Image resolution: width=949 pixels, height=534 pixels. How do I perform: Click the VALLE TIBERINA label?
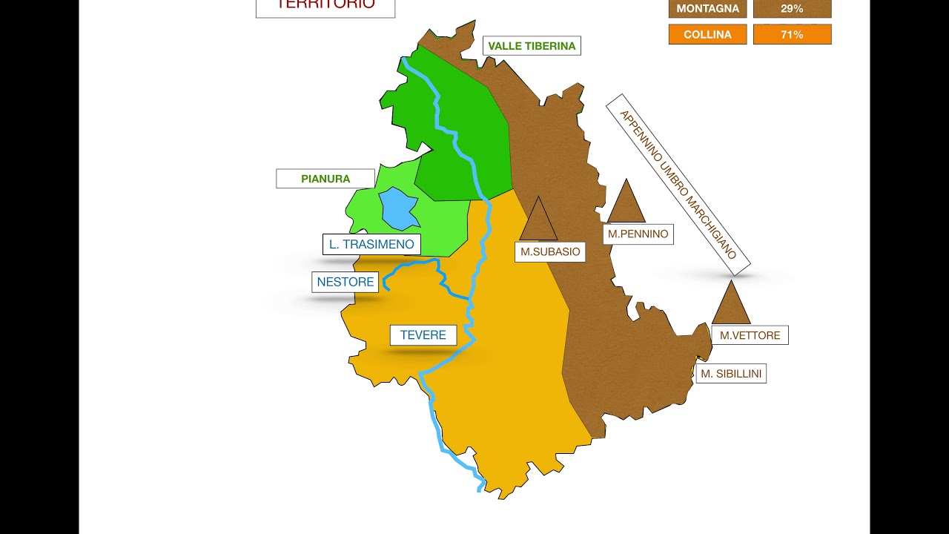pyautogui.click(x=532, y=46)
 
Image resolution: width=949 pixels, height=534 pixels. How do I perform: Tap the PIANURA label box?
pyautogui.click(x=325, y=179)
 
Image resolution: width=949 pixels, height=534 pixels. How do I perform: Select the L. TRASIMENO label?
pyautogui.click(x=371, y=245)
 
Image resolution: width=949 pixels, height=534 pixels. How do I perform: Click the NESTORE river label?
pyautogui.click(x=345, y=282)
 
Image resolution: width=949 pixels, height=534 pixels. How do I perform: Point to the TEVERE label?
pyautogui.click(x=423, y=335)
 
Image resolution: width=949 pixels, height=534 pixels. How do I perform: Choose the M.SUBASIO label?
pyautogui.click(x=550, y=251)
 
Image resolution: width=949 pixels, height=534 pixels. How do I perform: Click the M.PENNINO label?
pyautogui.click(x=638, y=234)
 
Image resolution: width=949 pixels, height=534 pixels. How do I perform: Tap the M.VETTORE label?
pyautogui.click(x=750, y=335)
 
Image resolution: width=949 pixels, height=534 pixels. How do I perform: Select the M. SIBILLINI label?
pyautogui.click(x=731, y=374)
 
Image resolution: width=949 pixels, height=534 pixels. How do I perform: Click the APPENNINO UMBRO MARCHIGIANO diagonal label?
pyautogui.click(x=678, y=184)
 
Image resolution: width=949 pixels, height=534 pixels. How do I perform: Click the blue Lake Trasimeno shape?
pyautogui.click(x=399, y=208)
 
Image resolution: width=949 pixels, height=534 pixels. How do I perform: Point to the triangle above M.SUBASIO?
pyautogui.click(x=538, y=220)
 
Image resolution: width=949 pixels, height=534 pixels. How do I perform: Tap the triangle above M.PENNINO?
pyautogui.click(x=626, y=202)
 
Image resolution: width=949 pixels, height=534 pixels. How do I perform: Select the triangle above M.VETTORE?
pyautogui.click(x=731, y=304)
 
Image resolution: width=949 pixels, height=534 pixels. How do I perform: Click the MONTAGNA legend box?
pyautogui.click(x=707, y=9)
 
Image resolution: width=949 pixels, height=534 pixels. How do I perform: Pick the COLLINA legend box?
pyautogui.click(x=707, y=34)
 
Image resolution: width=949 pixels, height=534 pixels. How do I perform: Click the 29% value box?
pyautogui.click(x=792, y=9)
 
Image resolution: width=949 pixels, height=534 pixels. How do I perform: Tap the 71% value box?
pyautogui.click(x=792, y=34)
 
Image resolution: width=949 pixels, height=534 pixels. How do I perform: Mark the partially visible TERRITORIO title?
pyautogui.click(x=325, y=6)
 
